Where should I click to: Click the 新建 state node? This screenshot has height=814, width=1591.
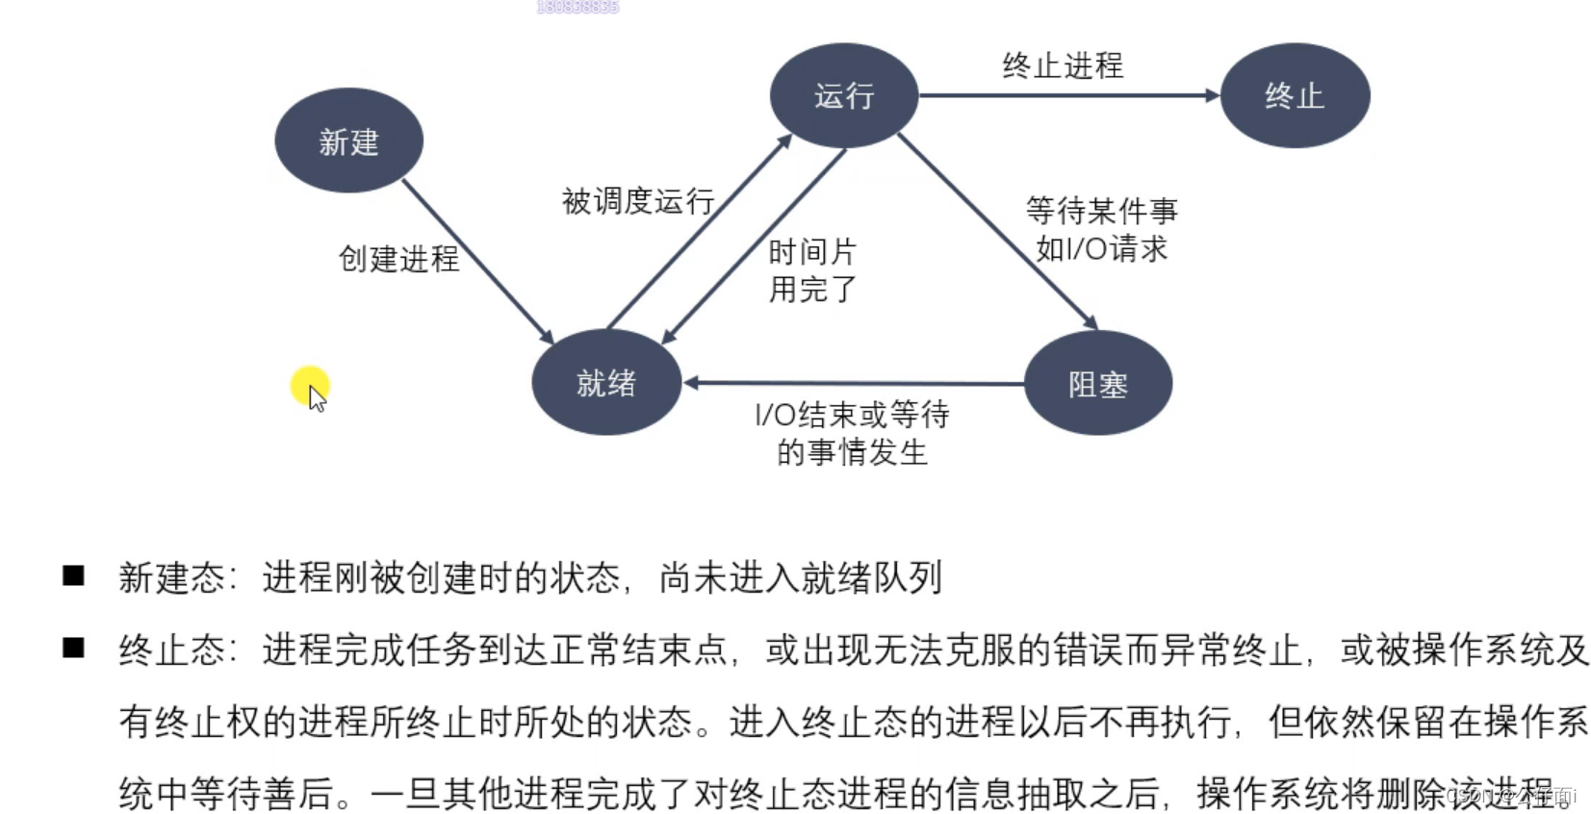click(348, 140)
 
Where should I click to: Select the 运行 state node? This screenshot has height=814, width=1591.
click(843, 95)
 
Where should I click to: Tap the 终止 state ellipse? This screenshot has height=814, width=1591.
click(1295, 95)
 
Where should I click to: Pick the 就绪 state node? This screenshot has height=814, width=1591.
click(606, 382)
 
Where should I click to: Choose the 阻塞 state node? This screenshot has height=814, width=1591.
click(1098, 383)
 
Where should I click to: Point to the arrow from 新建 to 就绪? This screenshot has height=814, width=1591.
click(477, 261)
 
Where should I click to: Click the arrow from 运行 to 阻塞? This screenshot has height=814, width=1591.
click(997, 231)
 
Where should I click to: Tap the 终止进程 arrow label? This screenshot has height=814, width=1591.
click(1063, 65)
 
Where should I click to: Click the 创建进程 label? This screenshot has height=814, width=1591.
click(398, 259)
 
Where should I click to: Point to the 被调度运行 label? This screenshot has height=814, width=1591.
click(637, 201)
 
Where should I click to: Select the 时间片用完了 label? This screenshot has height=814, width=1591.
click(812, 270)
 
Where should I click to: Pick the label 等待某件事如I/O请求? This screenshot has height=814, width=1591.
click(1101, 229)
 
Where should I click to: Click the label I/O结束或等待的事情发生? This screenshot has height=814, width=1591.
click(852, 433)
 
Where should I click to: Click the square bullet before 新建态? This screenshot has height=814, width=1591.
click(73, 575)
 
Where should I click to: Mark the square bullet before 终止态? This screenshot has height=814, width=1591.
click(73, 648)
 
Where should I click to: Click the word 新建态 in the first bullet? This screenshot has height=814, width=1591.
click(170, 577)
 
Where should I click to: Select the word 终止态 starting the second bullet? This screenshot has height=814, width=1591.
click(170, 650)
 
